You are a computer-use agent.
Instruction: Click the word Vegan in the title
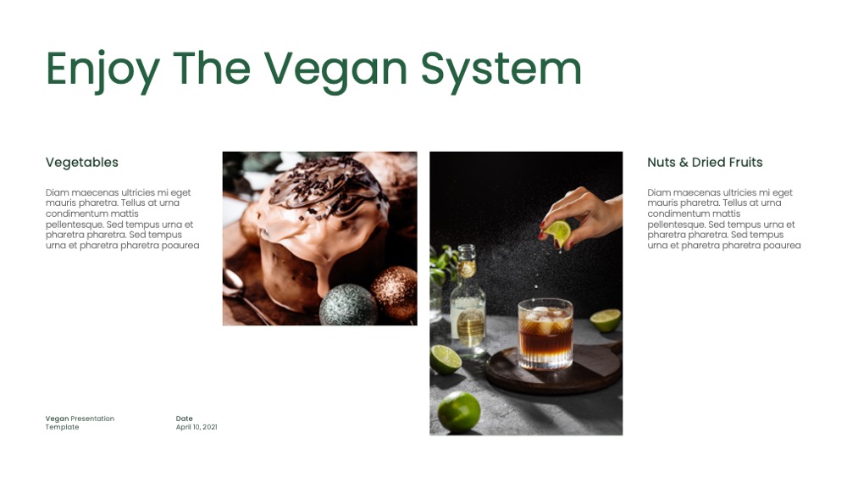pyautogui.click(x=335, y=70)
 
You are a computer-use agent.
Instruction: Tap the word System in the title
pyautogui.click(x=501, y=70)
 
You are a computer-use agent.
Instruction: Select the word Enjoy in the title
pyautogui.click(x=102, y=70)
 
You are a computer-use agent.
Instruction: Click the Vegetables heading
pyautogui.click(x=81, y=162)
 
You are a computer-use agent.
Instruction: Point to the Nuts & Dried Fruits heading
pyautogui.click(x=705, y=162)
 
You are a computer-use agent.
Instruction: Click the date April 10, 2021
pyautogui.click(x=197, y=427)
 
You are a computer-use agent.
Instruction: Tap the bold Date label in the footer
pyautogui.click(x=184, y=419)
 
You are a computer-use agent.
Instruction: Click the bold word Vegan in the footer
pyautogui.click(x=58, y=419)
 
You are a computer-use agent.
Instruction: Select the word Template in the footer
pyautogui.click(x=62, y=427)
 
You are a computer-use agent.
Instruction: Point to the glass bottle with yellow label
pyautogui.click(x=468, y=300)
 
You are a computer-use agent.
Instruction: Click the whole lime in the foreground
pyautogui.click(x=459, y=412)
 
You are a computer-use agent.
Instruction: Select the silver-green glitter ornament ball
pyautogui.click(x=348, y=305)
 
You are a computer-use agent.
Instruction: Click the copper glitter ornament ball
pyautogui.click(x=396, y=293)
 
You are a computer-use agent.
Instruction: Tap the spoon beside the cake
pyautogui.click(x=241, y=294)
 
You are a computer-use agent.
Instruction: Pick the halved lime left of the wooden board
pyautogui.click(x=446, y=358)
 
